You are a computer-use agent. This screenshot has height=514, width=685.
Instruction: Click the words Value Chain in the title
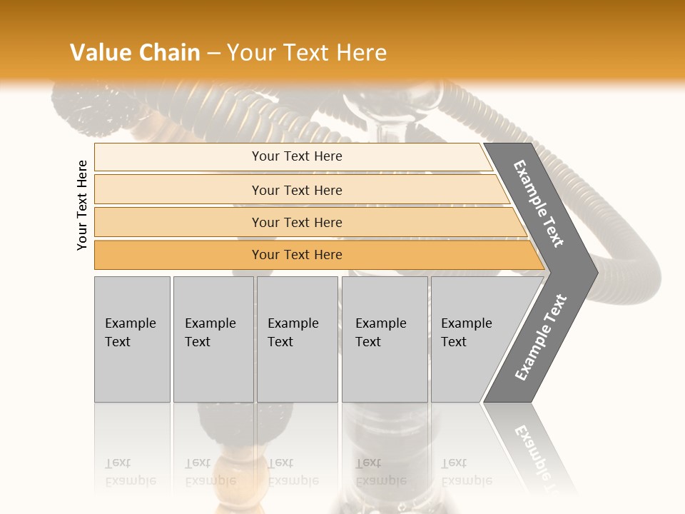pos(135,53)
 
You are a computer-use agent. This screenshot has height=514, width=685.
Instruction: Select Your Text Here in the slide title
pos(307,53)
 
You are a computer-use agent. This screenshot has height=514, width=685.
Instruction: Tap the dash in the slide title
pos(213,54)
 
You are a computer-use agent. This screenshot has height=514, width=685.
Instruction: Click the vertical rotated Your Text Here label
pos(82,205)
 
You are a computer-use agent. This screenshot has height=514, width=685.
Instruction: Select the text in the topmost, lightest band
pos(297,156)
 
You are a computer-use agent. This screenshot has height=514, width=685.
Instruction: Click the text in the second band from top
pos(297,190)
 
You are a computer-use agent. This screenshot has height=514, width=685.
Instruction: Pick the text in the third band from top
pos(297,222)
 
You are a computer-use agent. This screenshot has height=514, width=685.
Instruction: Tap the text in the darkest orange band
pos(297,254)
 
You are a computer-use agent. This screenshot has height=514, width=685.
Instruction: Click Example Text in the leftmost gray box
pos(130,332)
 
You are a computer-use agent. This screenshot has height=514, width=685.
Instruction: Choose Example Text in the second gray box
pos(210,332)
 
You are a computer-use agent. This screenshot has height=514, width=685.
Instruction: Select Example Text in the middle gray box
pos(293,332)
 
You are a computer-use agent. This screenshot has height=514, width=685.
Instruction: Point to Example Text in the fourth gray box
pos(380,332)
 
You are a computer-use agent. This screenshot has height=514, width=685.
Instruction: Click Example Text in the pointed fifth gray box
pos(466,332)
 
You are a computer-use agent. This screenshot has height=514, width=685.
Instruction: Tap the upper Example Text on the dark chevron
pos(539,203)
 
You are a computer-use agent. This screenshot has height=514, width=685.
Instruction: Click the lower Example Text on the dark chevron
pos(540,338)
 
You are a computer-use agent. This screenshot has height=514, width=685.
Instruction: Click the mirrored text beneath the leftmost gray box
pos(130,472)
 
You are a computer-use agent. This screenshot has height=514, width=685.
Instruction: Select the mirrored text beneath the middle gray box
pos(293,472)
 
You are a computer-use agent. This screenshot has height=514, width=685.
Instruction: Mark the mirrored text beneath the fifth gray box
pos(466,472)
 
